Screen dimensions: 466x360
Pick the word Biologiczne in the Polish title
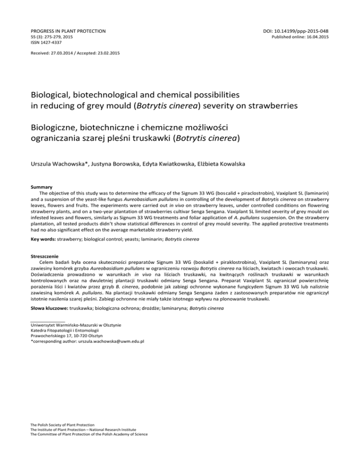pyautogui.click(x=58, y=128)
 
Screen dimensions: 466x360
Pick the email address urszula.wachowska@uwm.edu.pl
pyautogui.click(x=107, y=341)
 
